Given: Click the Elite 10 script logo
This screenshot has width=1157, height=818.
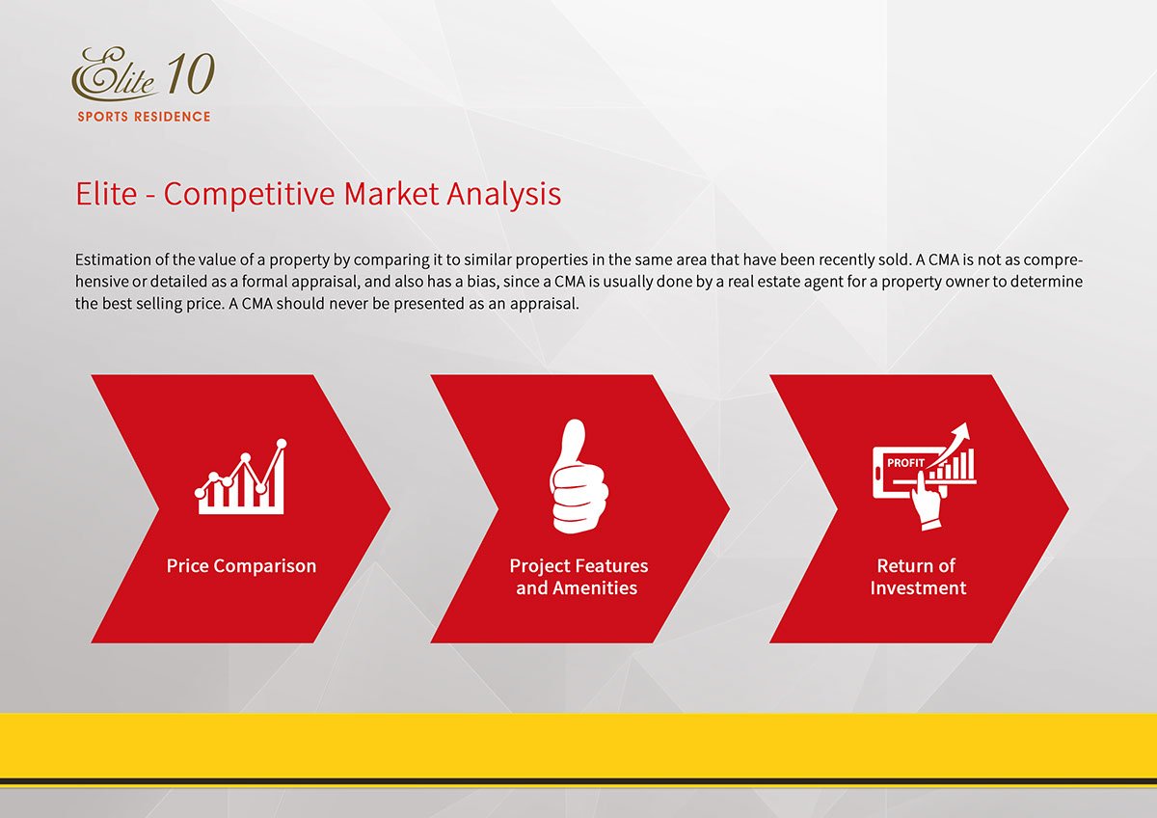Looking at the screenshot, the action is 143,73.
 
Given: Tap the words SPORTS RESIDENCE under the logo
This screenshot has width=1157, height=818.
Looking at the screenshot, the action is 144,117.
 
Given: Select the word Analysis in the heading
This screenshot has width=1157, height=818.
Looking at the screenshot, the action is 504,195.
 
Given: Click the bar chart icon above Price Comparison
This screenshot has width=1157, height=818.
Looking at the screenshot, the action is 241,477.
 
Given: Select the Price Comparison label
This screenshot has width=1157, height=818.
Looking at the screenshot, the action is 241,566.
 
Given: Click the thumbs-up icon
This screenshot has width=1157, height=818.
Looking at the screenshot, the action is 578,476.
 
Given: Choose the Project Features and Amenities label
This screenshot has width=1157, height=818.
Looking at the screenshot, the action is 578,577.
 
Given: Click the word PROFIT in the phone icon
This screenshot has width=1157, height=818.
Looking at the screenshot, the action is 905,463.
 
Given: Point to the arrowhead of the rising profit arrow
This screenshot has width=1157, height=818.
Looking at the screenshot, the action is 962,431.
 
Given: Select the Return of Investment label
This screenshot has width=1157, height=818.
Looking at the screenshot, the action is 917,577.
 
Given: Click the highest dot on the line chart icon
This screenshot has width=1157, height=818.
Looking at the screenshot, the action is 282,444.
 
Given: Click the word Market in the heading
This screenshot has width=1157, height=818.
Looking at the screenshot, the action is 391,195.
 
